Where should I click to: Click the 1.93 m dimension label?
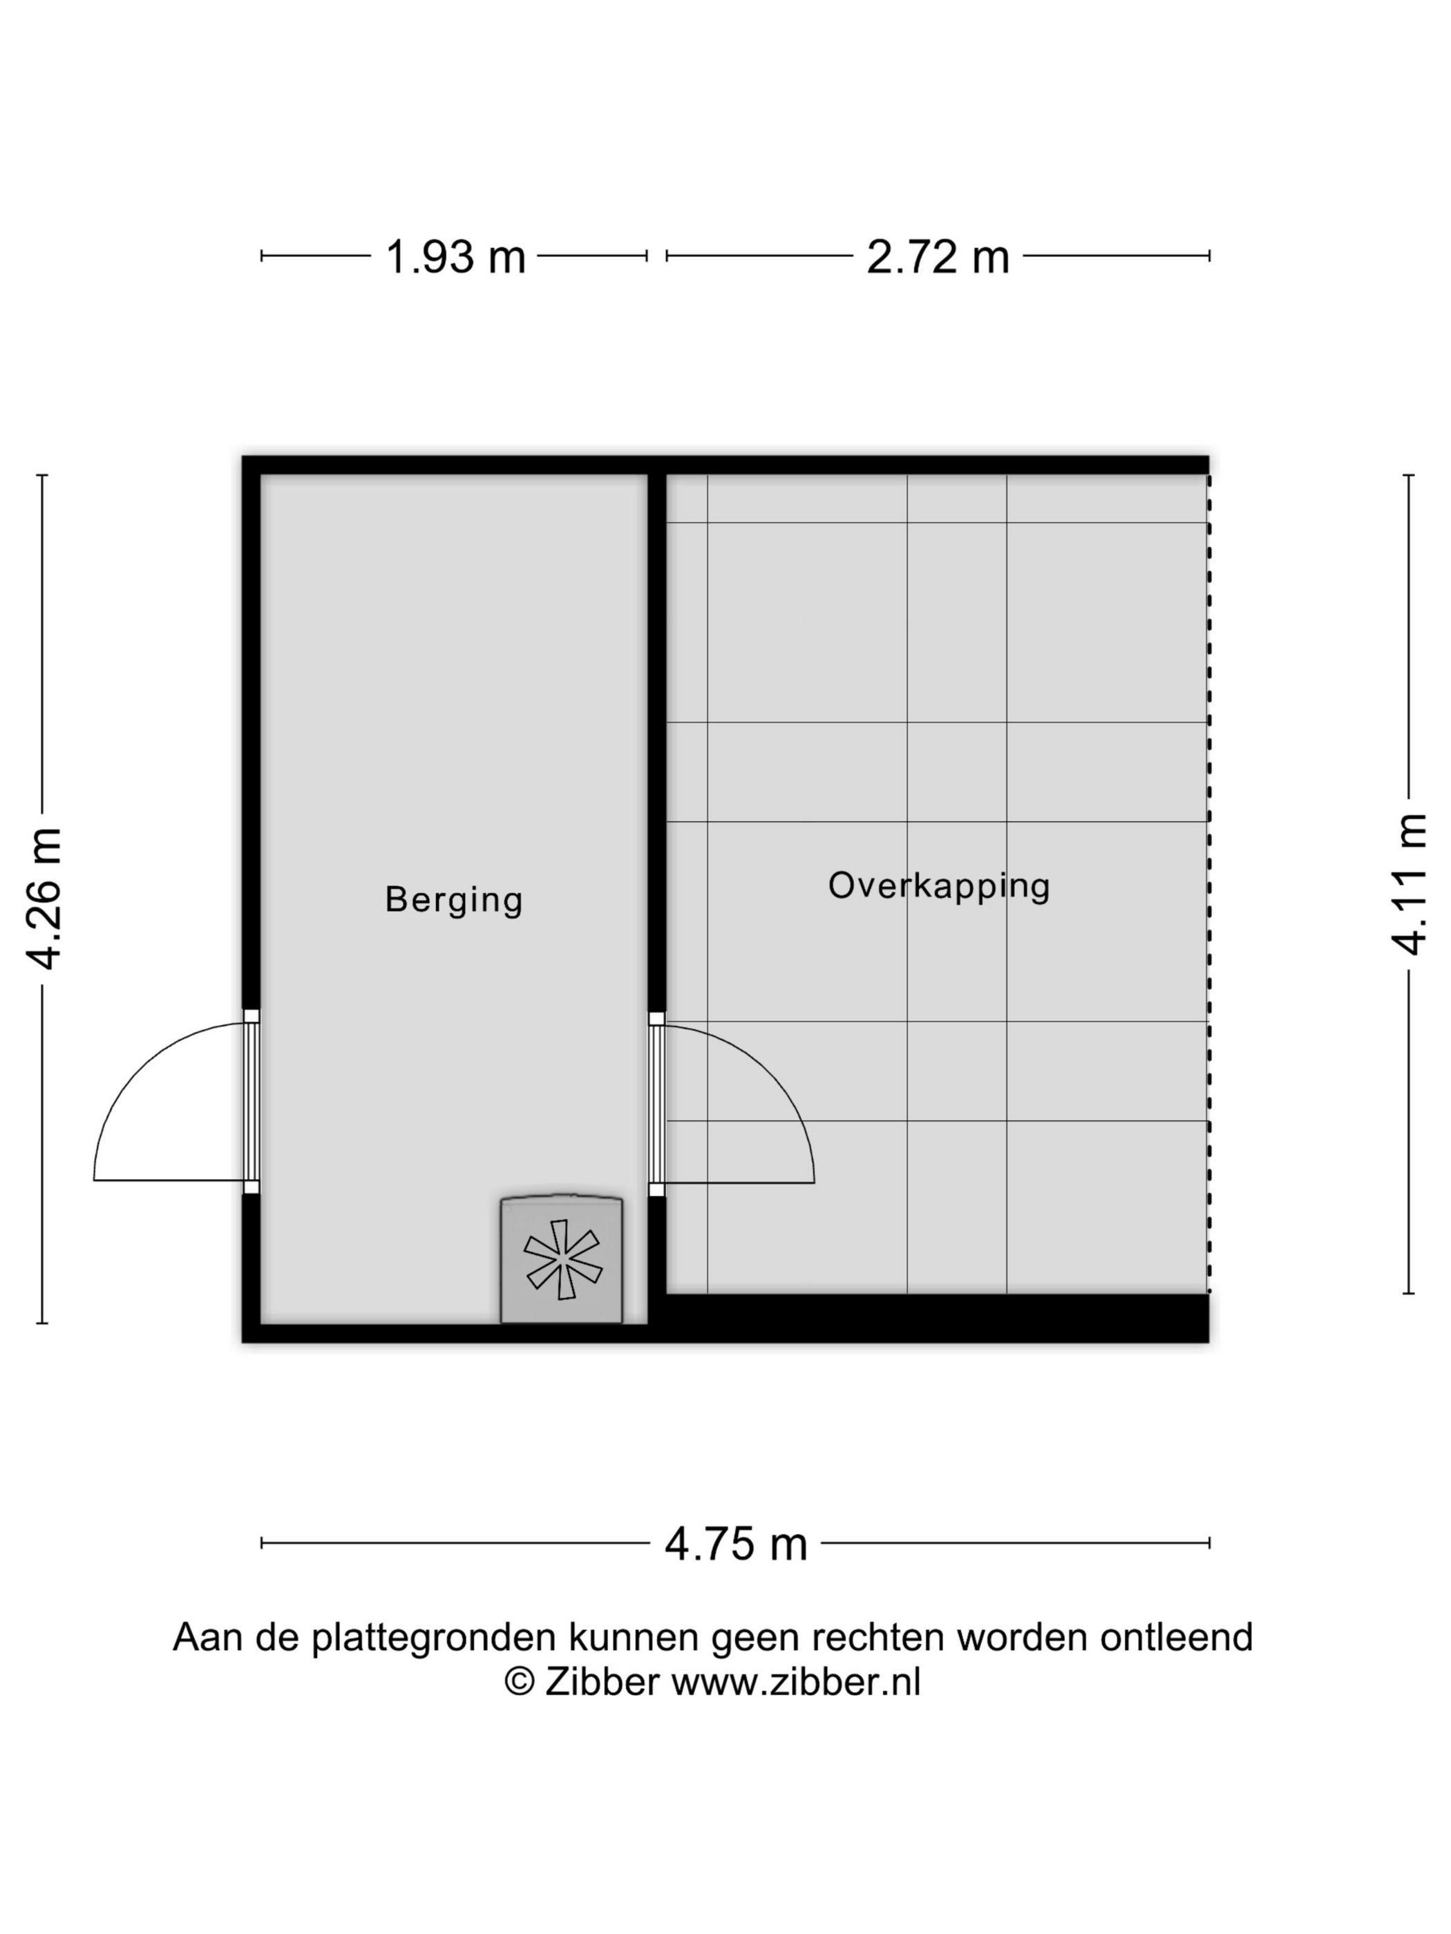point(455,257)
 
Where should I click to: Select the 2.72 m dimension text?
point(937,257)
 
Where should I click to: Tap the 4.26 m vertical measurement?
point(44,898)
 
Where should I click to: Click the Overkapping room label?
point(938,885)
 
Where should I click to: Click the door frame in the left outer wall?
point(251,1101)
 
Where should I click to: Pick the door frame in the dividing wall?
point(656,1103)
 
